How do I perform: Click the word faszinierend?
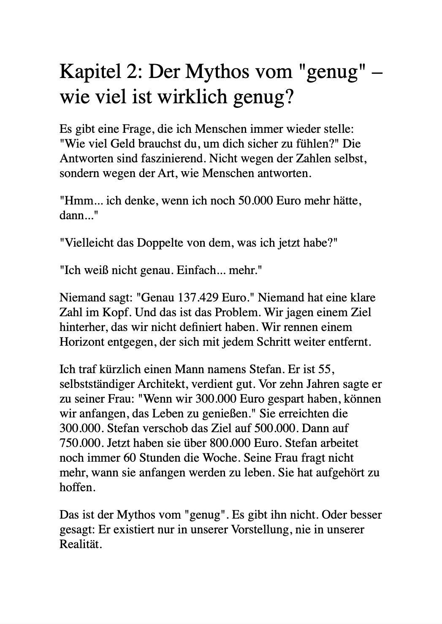coord(171,159)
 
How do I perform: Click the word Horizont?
coord(83,342)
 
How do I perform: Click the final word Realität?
coord(80,544)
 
